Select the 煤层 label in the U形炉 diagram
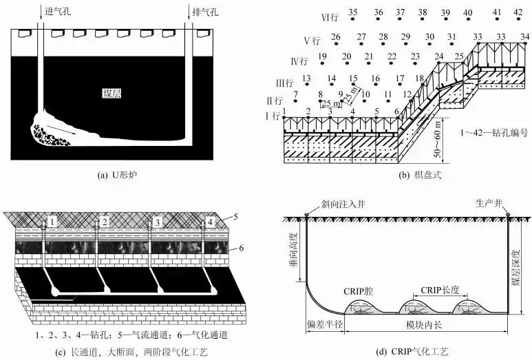tap(110, 92)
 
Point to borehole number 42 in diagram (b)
tap(518, 12)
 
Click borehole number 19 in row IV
tap(323, 56)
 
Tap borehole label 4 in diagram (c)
tap(210, 222)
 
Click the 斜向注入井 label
tap(335, 204)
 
